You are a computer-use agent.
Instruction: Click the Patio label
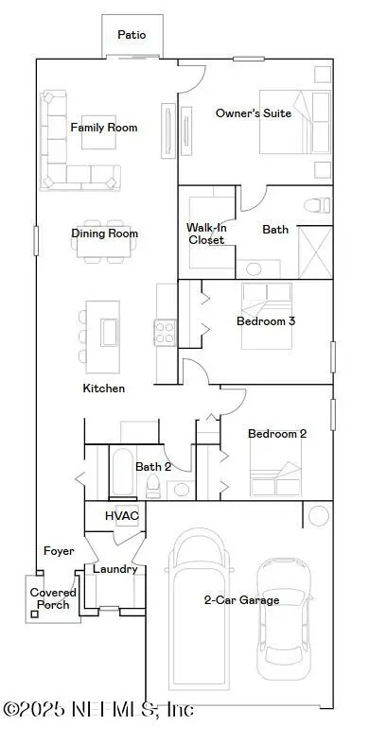(x=132, y=34)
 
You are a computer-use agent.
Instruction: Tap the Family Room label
(x=104, y=128)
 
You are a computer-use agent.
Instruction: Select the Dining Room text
(x=105, y=233)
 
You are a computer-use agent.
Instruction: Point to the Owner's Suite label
(x=254, y=113)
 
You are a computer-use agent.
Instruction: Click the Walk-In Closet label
(x=205, y=233)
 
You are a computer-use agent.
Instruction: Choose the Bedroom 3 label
(x=266, y=320)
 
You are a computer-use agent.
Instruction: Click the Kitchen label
(x=104, y=389)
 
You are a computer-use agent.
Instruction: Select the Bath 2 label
(x=153, y=466)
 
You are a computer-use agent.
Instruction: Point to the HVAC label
(x=122, y=516)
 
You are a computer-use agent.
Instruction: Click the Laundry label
(x=114, y=569)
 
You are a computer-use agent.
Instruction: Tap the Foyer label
(x=59, y=551)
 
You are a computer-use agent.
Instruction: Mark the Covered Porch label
(x=53, y=599)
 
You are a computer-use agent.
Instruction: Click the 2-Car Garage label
(x=242, y=600)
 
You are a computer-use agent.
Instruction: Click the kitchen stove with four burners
(x=166, y=331)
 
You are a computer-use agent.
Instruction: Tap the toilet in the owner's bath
(x=318, y=203)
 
